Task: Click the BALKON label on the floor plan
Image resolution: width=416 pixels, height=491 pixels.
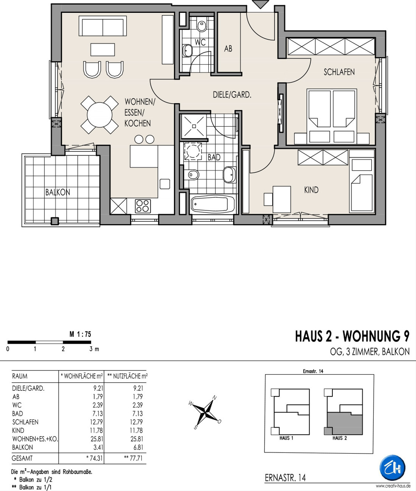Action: [58, 192]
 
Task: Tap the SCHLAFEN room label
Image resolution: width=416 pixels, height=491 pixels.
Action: [339, 72]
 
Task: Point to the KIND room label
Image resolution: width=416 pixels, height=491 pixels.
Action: [311, 190]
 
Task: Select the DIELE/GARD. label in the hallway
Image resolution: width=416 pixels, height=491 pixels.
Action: [232, 95]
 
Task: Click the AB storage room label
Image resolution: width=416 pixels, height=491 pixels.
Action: [228, 49]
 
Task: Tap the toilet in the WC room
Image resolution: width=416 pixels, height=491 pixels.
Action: [202, 25]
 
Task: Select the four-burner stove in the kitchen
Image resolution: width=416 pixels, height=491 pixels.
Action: [142, 206]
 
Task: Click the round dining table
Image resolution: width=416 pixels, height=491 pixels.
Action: [99, 115]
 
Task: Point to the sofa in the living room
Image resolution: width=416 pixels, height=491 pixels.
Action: [103, 26]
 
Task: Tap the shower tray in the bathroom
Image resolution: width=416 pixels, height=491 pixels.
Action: [194, 126]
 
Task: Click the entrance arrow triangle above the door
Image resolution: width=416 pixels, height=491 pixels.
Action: [261, 4]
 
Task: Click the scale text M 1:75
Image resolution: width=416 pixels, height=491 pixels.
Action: [80, 334]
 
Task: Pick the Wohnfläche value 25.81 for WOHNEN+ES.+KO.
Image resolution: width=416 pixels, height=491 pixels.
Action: [96, 439]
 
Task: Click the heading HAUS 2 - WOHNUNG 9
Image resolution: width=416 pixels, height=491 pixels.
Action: [352, 336]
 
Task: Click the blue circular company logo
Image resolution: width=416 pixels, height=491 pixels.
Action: [392, 468]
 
